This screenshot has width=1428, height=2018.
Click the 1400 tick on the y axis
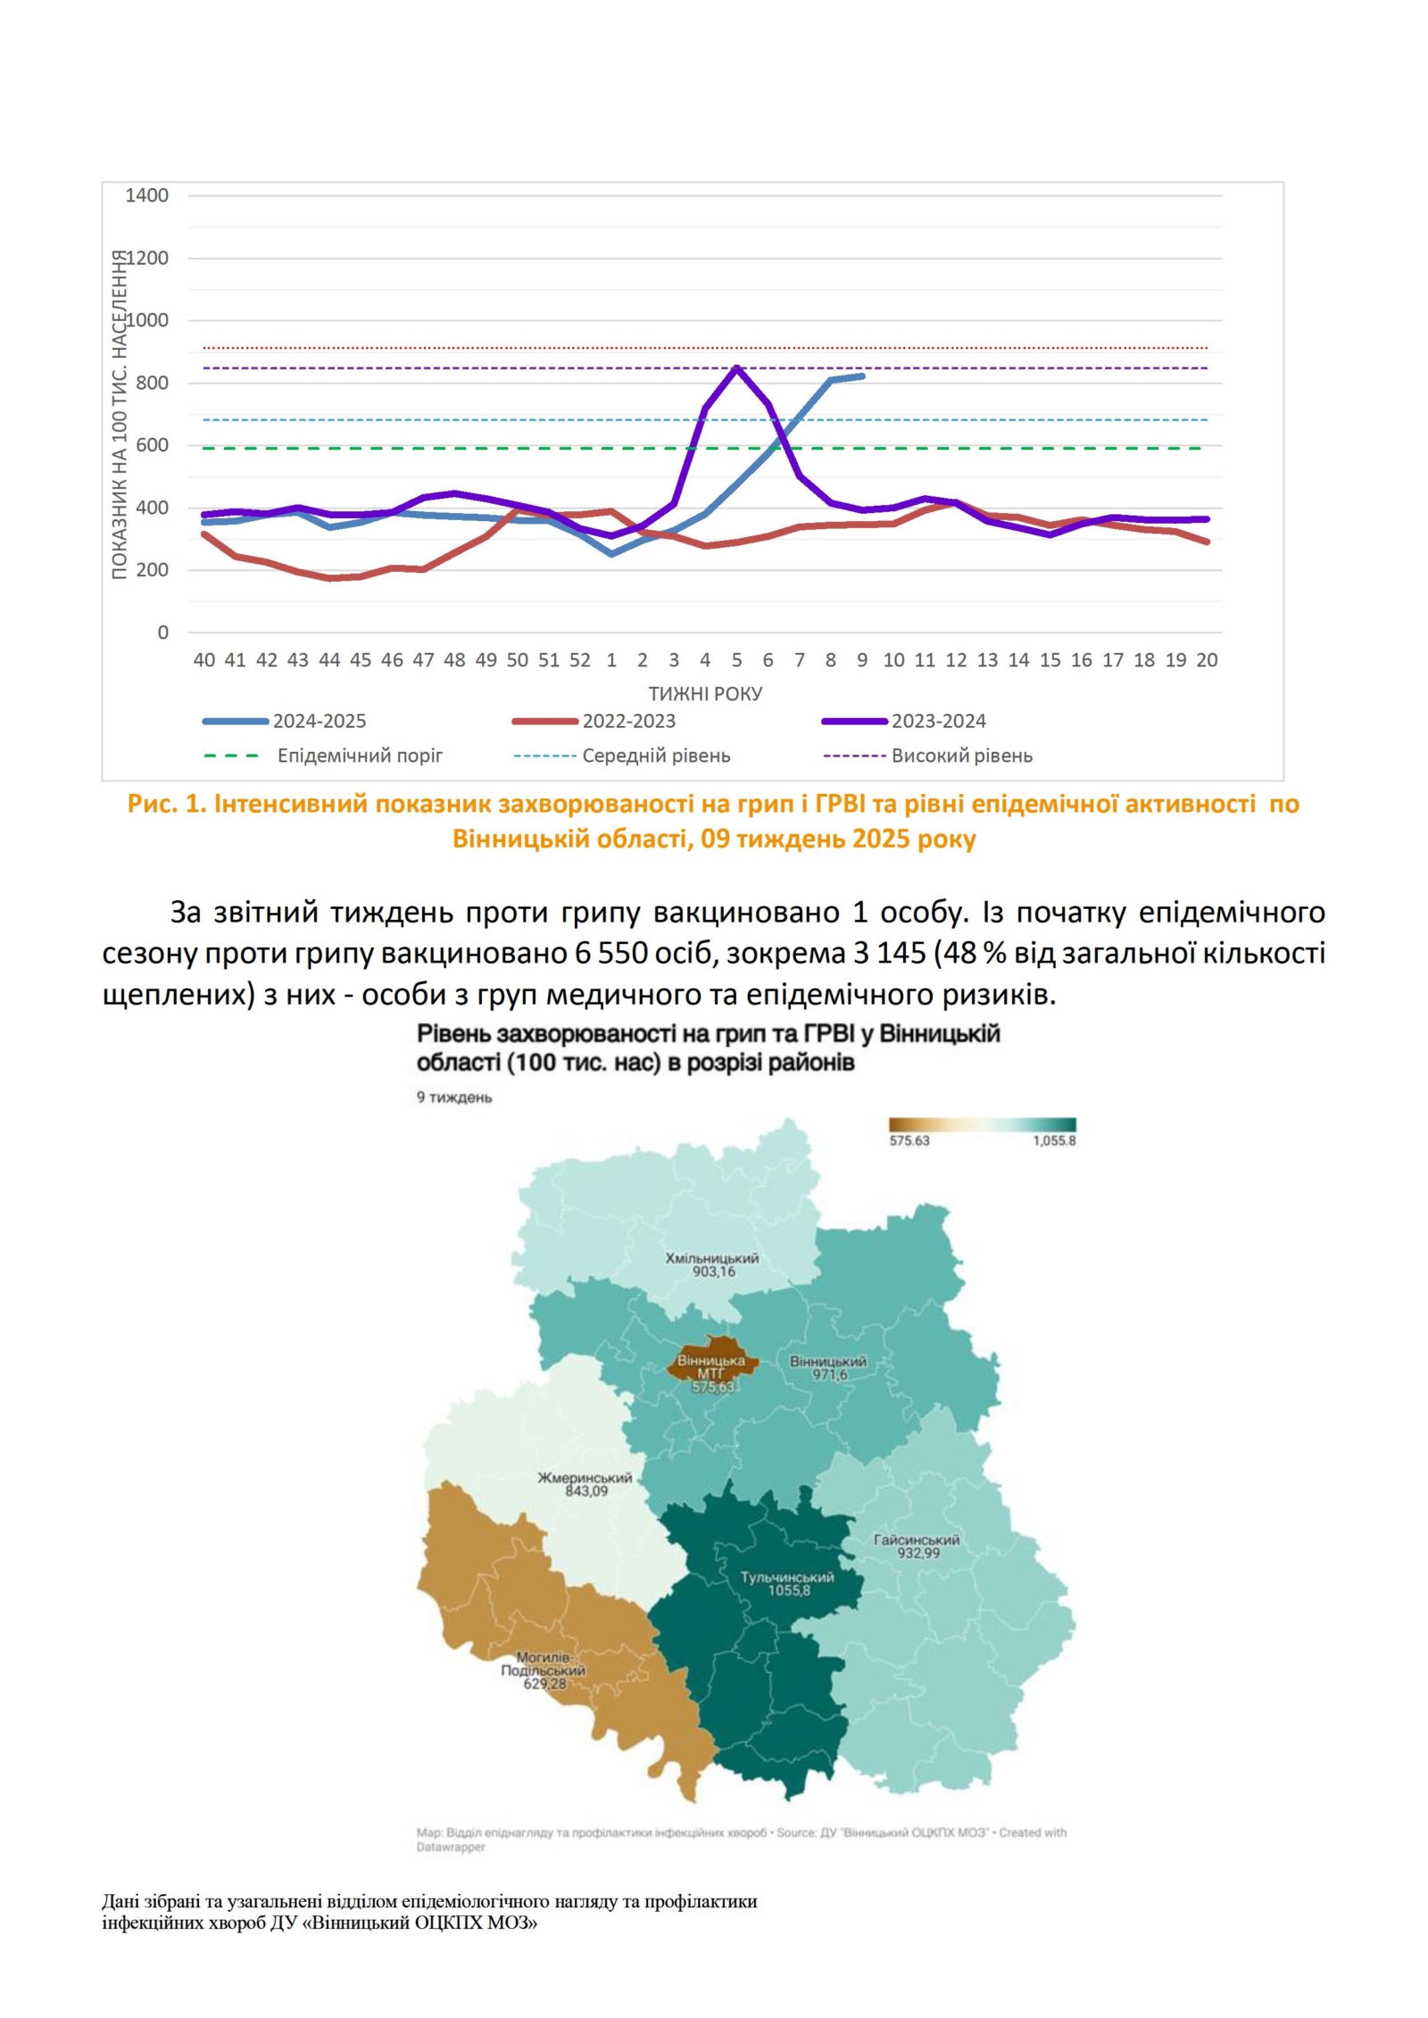146,195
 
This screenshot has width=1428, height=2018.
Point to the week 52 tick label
579,660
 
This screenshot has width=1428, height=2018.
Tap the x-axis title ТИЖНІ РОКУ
705,693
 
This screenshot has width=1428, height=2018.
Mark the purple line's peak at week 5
736,368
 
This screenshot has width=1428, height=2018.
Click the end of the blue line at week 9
862,376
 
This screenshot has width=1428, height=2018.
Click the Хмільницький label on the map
711,1258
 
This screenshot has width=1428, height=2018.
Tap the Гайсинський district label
917,1539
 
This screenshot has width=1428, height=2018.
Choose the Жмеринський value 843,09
586,1491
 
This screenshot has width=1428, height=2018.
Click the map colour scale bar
982,1124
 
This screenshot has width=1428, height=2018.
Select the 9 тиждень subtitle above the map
454,1097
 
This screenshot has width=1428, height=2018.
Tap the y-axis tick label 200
152,570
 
